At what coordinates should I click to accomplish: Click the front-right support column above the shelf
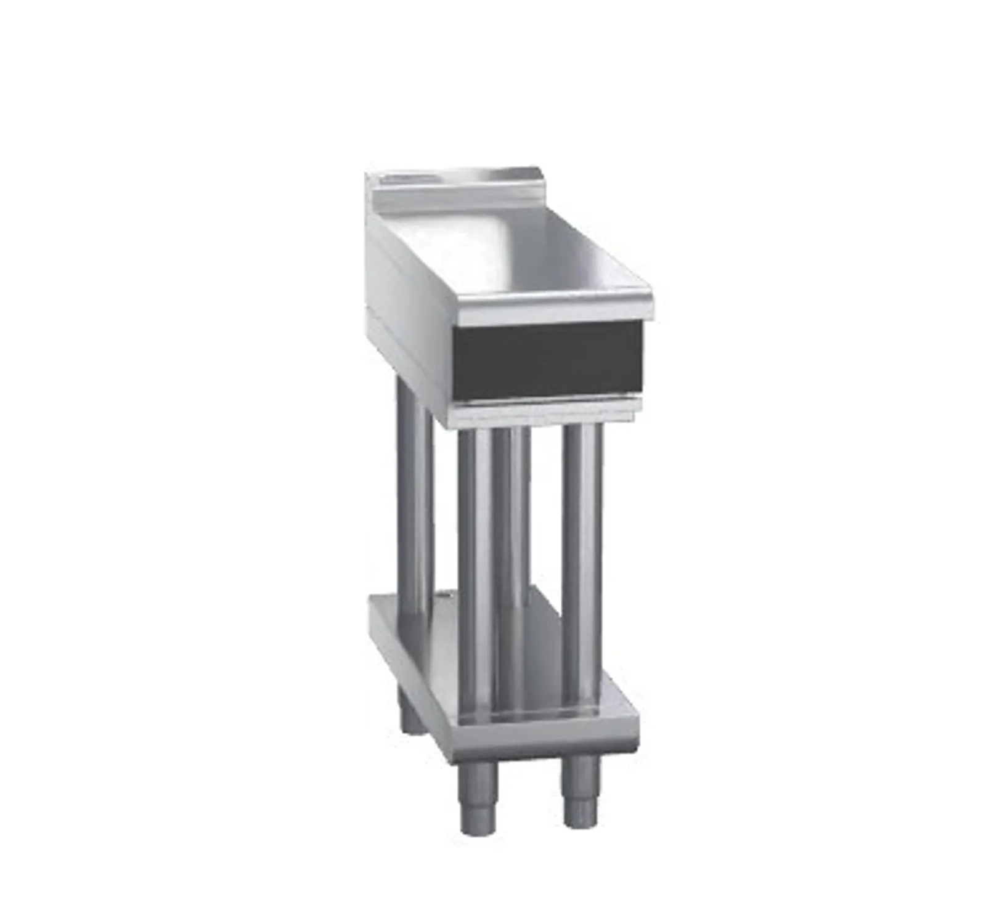pos(583,567)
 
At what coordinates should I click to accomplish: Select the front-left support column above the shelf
pos(475,567)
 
